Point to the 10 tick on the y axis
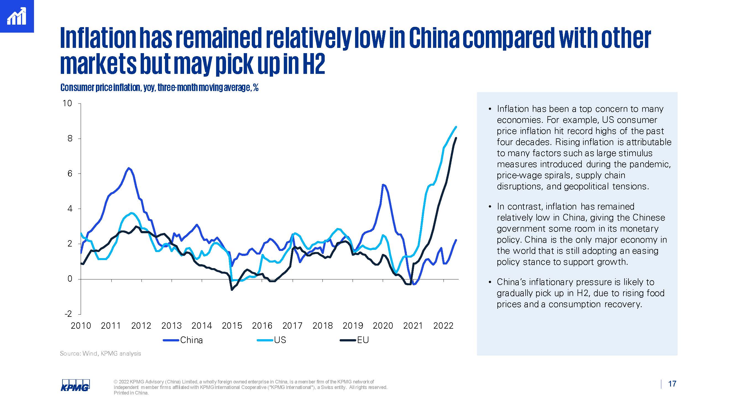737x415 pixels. pyautogui.click(x=67, y=103)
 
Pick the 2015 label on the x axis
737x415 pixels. pyautogui.click(x=232, y=326)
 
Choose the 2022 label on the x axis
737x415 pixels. pyautogui.click(x=443, y=326)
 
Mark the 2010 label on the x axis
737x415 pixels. pyautogui.click(x=81, y=326)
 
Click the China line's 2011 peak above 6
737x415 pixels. pyautogui.click(x=129, y=168)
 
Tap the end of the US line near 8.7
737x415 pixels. pyautogui.click(x=456, y=127)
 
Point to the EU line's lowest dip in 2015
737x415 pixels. pyautogui.click(x=232, y=290)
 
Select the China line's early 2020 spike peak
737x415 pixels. pyautogui.click(x=383, y=185)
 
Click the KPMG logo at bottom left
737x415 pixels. pyautogui.click(x=75, y=385)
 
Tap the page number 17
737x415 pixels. pyautogui.click(x=672, y=384)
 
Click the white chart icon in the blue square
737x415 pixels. pyautogui.click(x=17, y=16)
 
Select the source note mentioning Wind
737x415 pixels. pyautogui.click(x=100, y=353)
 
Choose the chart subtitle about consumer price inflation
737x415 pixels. pyautogui.click(x=159, y=87)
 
